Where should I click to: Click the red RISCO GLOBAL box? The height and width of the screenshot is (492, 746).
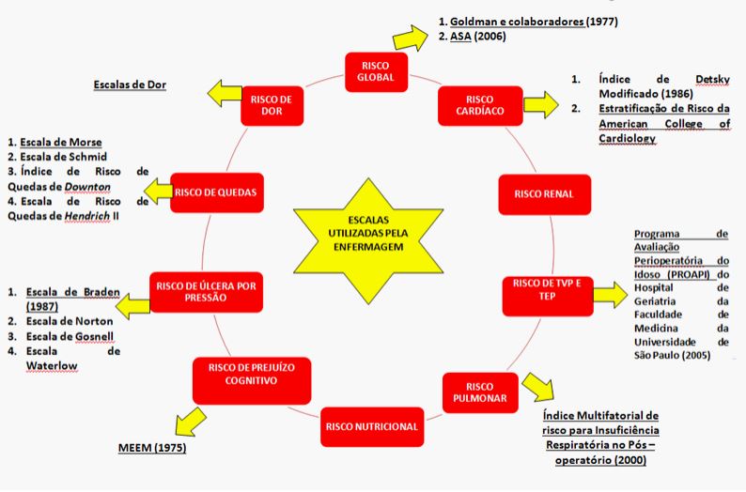point(369,70)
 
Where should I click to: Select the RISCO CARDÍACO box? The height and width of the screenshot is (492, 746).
point(479,105)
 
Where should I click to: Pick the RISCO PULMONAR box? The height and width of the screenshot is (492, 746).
point(479,392)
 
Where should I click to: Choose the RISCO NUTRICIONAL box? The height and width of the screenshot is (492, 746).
point(371,426)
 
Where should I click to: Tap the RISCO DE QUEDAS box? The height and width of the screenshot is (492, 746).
point(215,192)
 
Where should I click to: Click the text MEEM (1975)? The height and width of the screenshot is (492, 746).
point(152,448)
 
